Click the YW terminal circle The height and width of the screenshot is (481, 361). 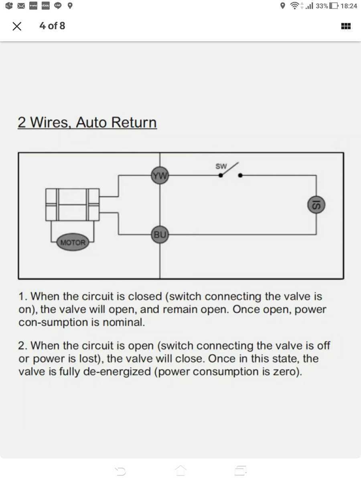click(160, 175)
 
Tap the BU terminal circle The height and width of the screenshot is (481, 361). click(160, 234)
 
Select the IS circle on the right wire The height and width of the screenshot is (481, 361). click(316, 205)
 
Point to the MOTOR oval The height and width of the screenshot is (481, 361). click(73, 242)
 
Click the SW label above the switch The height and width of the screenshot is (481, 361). click(221, 166)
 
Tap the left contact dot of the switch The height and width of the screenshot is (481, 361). click(221, 175)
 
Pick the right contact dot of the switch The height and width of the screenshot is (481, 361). click(240, 175)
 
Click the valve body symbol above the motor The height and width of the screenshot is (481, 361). click(72, 204)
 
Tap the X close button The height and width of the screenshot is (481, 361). click(17, 26)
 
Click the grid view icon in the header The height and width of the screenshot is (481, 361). click(346, 26)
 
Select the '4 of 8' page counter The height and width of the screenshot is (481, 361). click(52, 26)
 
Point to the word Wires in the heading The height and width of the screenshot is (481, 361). click(51, 122)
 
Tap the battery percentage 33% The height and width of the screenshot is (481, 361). click(322, 6)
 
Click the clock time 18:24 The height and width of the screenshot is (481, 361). click(349, 6)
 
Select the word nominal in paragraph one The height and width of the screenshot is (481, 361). click(124, 322)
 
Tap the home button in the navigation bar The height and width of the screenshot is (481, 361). click(180, 470)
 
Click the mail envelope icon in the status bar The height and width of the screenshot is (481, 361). click(21, 6)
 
